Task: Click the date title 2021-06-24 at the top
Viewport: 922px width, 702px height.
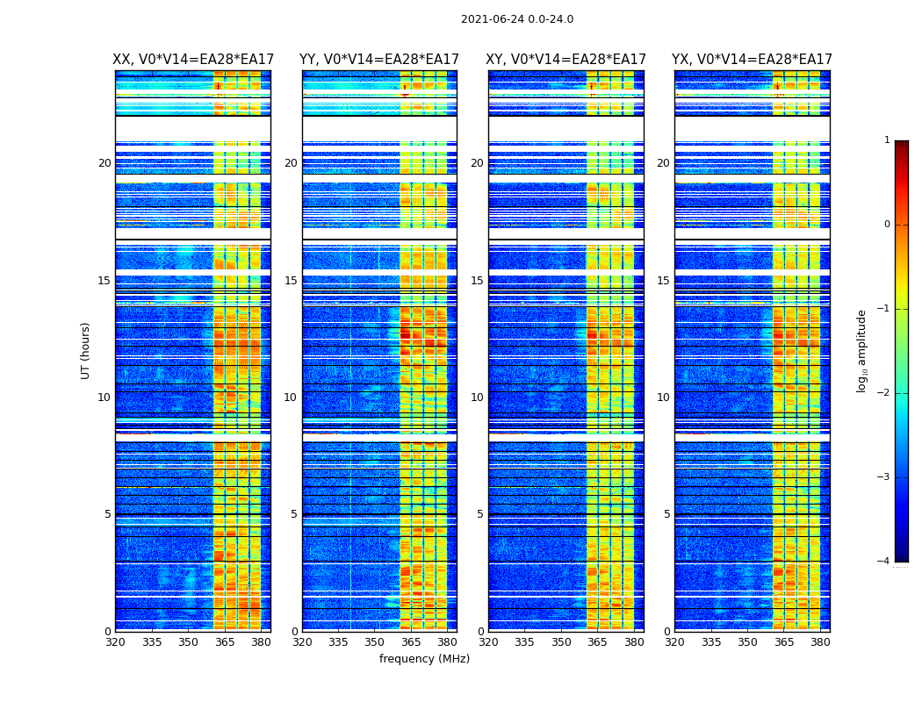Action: pos(517,19)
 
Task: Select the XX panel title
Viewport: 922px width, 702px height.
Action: pos(193,60)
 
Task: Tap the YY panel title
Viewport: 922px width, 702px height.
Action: pos(379,60)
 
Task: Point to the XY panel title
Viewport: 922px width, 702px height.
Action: pos(566,60)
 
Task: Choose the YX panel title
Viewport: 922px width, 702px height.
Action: pos(753,60)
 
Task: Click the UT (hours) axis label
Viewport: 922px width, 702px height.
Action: pos(85,350)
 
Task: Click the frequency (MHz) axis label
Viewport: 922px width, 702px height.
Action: pos(424,659)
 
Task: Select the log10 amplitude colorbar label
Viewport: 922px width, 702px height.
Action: pos(862,350)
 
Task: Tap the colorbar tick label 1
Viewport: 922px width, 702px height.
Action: pos(887,140)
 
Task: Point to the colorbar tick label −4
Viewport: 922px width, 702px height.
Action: pos(884,562)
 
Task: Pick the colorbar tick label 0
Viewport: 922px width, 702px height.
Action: pos(887,225)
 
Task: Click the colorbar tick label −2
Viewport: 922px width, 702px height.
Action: pos(884,393)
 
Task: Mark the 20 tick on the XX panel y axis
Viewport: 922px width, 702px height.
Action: pos(104,163)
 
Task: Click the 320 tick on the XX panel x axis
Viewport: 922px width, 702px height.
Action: pos(115,642)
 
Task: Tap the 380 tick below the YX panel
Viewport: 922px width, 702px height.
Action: pos(820,642)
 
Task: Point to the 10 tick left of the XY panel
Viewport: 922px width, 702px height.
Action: pos(477,398)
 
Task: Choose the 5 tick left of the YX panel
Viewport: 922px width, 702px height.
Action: pos(666,514)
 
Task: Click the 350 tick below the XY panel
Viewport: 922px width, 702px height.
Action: pos(561,642)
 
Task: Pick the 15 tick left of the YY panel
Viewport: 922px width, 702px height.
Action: pos(291,281)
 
